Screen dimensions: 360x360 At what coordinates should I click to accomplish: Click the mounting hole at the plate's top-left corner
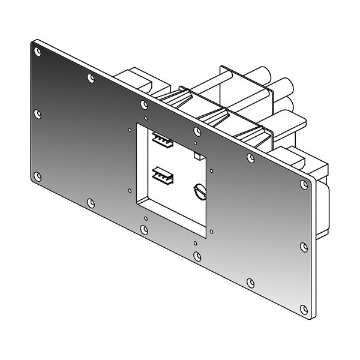(x=38, y=52)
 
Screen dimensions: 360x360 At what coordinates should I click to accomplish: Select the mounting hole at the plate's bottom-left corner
(x=37, y=176)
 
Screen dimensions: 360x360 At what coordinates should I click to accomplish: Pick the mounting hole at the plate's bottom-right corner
(x=304, y=310)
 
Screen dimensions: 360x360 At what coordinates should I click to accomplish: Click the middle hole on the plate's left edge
(x=38, y=113)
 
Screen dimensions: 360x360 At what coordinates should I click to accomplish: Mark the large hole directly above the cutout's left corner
(x=144, y=105)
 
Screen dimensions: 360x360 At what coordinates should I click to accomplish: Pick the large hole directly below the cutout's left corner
(x=144, y=229)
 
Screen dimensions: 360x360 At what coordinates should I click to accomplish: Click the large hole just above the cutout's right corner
(x=197, y=131)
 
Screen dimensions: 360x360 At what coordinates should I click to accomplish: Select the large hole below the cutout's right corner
(x=197, y=256)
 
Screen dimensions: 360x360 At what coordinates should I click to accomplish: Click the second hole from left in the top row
(x=91, y=78)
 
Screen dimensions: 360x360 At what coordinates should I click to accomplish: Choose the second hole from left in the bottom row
(x=91, y=203)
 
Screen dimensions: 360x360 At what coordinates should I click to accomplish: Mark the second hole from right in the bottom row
(x=251, y=283)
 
